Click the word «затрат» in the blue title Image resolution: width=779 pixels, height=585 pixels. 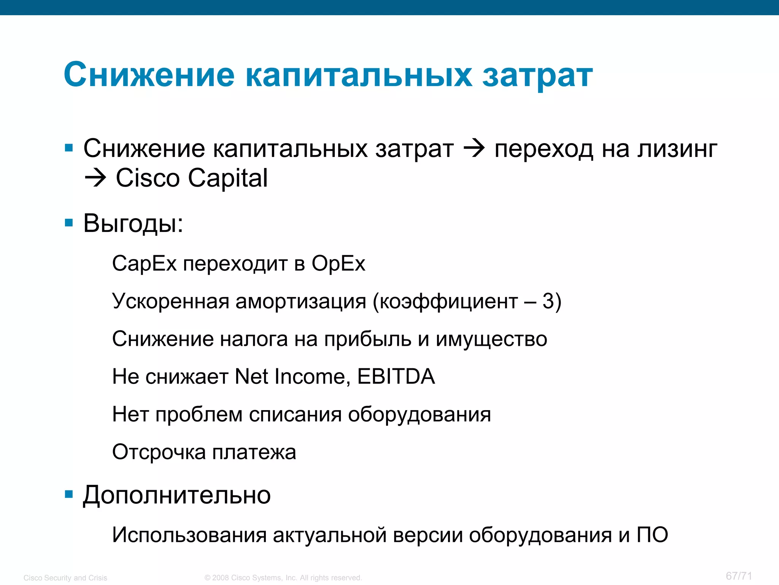[x=537, y=75]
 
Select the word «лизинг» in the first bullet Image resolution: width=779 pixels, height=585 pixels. [x=677, y=149]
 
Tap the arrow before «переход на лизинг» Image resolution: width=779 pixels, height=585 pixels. [x=474, y=149]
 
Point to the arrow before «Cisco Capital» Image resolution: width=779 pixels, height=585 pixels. [x=95, y=178]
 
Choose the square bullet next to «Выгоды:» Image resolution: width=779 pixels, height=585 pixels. [x=69, y=223]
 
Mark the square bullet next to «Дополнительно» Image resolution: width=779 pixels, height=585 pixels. [x=69, y=495]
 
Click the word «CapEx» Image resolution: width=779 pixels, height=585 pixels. [x=144, y=264]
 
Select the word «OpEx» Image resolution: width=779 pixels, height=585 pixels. [x=338, y=264]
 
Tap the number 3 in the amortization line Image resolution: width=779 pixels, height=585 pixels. [x=548, y=301]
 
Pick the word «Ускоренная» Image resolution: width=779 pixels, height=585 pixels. [x=170, y=301]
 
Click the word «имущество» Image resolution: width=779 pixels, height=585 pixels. [x=491, y=339]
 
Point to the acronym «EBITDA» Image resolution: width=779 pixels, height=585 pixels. [x=396, y=377]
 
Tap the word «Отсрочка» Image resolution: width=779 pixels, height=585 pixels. [x=159, y=452]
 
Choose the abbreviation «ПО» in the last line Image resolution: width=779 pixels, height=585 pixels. [x=652, y=535]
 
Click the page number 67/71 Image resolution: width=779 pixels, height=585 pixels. [x=739, y=576]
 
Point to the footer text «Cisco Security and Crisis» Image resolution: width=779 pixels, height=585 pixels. [x=65, y=578]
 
